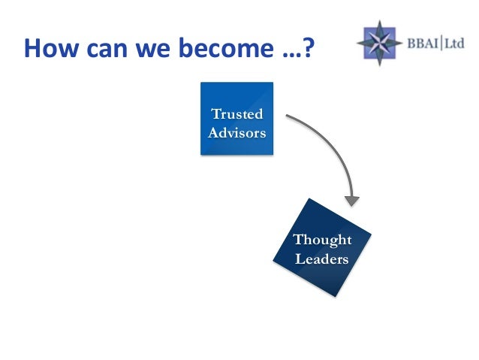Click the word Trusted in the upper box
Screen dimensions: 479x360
237,114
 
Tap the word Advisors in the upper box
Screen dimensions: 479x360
236,133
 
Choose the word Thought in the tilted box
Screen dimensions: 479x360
322,240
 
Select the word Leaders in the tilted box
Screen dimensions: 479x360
322,259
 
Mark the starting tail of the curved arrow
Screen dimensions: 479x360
288,116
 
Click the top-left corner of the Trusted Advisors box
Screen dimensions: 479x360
201,83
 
